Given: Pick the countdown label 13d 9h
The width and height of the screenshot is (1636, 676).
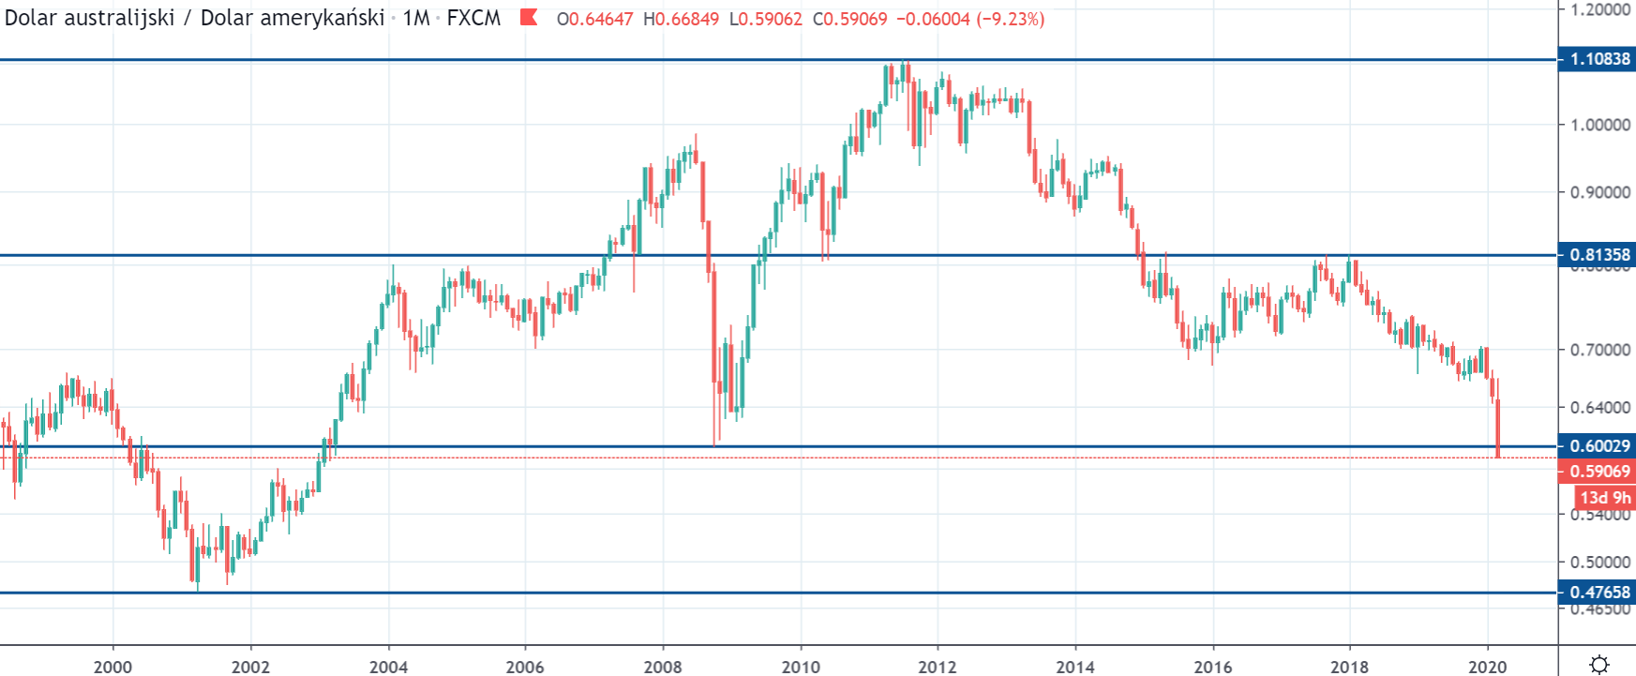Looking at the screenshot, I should point(1604,498).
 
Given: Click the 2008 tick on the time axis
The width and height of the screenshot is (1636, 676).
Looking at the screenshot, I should point(663,667).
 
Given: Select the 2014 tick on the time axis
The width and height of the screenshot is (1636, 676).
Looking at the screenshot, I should point(1075,667).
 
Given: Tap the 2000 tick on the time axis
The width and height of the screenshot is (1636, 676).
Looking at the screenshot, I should point(113,667).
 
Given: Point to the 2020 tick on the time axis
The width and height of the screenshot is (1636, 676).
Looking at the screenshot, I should point(1487,667).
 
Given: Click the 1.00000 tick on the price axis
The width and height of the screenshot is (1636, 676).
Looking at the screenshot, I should point(1600,125).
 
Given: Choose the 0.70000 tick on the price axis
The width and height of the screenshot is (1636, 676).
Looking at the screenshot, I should point(1600,350).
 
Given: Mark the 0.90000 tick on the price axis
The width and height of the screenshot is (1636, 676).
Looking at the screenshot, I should point(1600,192).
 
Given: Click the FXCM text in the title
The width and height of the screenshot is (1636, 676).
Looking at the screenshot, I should point(473,19).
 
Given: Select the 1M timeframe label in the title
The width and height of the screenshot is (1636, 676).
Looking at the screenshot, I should point(416,19).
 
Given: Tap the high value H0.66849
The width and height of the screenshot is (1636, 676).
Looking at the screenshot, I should point(681,19).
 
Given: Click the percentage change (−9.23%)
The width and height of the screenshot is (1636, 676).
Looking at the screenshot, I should point(1011,19).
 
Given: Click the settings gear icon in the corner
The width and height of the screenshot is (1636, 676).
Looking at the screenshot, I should point(1599,664).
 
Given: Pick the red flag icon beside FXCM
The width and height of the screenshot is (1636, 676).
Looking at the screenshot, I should point(529,18).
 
